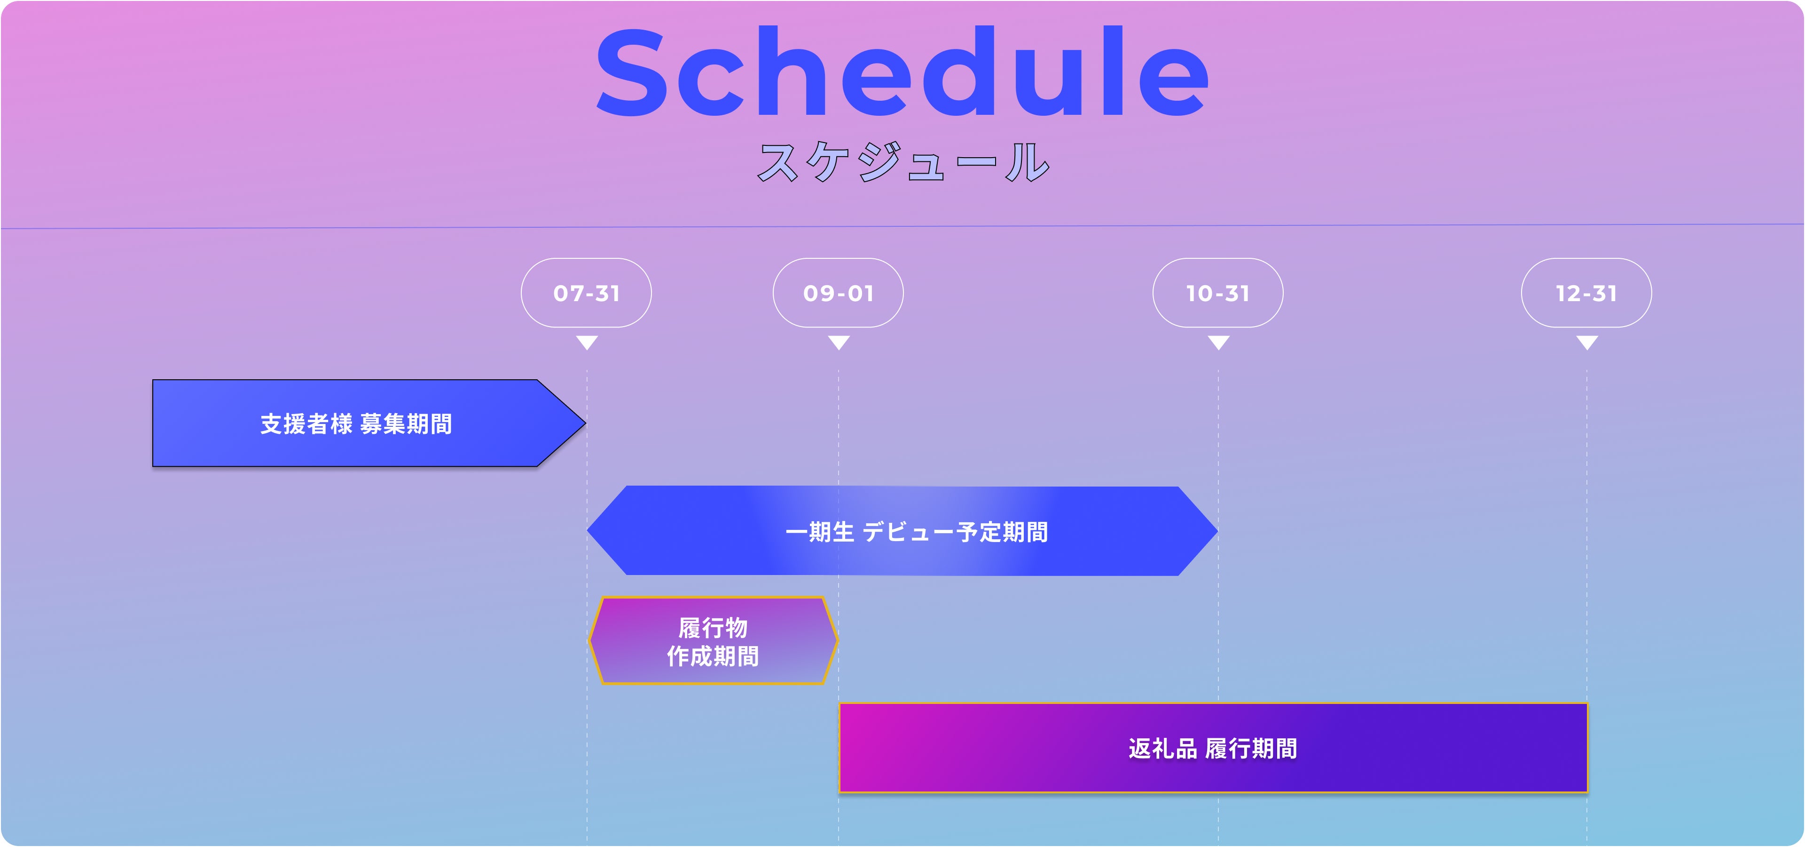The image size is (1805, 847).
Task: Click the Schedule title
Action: tap(902, 72)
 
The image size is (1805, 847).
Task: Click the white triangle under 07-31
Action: tap(587, 342)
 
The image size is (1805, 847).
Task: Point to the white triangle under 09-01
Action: tap(839, 342)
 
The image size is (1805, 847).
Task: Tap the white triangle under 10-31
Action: tap(1218, 342)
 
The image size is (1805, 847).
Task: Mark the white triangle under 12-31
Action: tap(1587, 342)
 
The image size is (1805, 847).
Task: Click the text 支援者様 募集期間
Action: tap(356, 423)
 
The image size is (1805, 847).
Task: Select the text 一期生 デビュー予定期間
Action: tap(917, 531)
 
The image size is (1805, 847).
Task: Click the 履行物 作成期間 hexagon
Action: tap(714, 640)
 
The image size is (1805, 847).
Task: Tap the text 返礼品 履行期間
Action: tap(1213, 748)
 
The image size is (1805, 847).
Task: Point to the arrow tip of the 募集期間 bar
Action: tap(585, 423)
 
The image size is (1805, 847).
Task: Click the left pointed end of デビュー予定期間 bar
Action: tap(588, 531)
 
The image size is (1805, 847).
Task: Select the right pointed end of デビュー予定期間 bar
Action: tap(1217, 531)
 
